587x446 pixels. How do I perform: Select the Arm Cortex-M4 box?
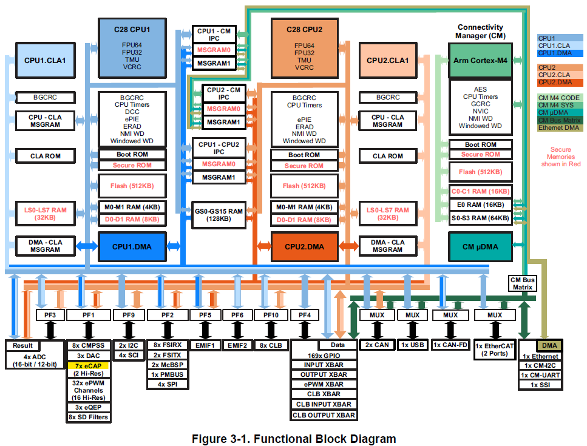[480, 60]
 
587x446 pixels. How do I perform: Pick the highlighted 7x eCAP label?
[89, 365]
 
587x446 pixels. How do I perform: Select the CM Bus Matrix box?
[522, 283]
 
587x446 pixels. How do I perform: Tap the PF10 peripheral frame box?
[271, 315]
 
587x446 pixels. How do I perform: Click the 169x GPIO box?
[324, 355]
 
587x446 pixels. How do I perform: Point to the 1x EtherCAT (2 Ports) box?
[495, 349]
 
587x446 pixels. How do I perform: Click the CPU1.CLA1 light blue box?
[45, 60]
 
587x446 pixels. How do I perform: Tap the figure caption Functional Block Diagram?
[294, 438]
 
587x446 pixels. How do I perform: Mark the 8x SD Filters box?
[89, 417]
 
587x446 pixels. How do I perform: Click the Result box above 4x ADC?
[19, 345]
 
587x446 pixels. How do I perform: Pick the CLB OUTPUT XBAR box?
[324, 415]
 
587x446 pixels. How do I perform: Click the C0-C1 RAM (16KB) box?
[480, 191]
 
